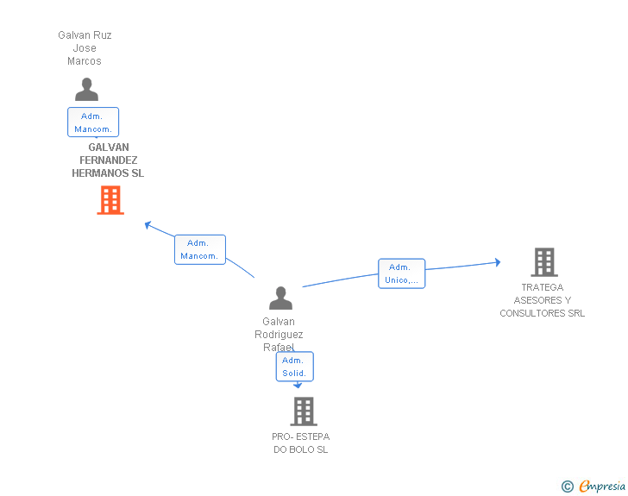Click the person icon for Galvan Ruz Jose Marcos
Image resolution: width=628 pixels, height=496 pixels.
tap(86, 90)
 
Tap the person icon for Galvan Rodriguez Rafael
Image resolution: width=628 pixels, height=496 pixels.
tap(280, 298)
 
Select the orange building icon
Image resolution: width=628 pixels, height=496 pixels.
tap(110, 200)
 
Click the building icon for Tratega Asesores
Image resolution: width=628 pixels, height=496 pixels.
tap(544, 262)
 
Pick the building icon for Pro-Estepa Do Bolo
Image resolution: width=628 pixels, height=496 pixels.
tap(304, 411)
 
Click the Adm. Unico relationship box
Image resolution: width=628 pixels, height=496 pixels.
tap(402, 273)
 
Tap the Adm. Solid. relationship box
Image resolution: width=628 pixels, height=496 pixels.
tap(295, 367)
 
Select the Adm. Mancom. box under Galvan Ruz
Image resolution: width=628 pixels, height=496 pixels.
tap(93, 122)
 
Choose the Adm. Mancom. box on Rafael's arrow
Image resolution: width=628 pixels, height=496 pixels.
tap(200, 249)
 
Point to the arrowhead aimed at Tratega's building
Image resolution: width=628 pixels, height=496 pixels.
tap(498, 262)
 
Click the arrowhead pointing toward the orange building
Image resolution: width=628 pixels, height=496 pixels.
tap(148, 225)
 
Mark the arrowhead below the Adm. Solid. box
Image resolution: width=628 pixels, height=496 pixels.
tap(298, 386)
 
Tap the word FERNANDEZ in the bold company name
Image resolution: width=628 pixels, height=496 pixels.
tap(109, 160)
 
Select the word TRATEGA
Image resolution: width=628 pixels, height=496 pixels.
tap(543, 287)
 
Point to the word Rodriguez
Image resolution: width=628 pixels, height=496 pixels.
tap(279, 335)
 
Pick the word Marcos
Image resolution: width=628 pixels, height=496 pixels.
tap(85, 61)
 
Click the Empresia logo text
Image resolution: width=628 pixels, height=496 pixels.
tap(602, 486)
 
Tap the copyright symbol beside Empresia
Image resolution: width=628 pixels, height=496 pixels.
tap(568, 487)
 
